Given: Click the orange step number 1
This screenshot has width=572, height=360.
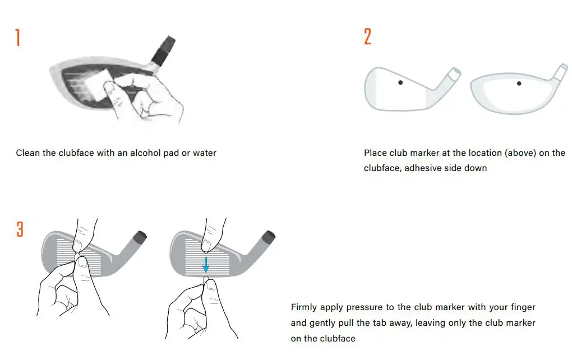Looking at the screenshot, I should [x=18, y=38].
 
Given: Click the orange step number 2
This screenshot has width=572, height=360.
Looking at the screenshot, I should [x=367, y=37].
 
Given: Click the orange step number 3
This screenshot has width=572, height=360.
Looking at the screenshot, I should [x=20, y=229].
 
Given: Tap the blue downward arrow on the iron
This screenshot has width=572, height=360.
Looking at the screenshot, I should [x=206, y=263].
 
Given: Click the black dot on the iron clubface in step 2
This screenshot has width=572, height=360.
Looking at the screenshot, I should [x=400, y=82].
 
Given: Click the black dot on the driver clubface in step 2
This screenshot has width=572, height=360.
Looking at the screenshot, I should [x=519, y=84].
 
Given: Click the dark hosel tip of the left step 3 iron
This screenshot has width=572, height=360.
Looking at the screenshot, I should [x=140, y=236].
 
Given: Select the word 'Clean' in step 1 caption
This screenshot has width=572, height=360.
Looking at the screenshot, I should [x=27, y=153].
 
